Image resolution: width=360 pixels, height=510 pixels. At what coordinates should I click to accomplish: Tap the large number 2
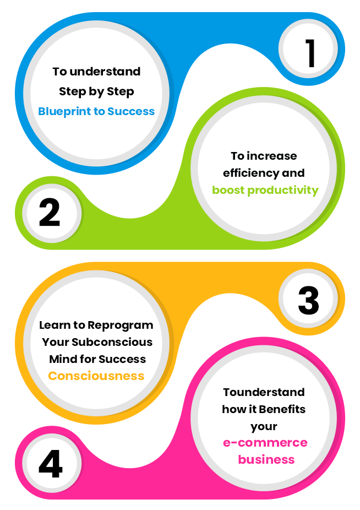pos(50,213)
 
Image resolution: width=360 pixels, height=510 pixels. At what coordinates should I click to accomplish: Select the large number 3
pos(308,301)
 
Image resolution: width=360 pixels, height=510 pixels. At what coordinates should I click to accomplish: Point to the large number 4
pos(51,464)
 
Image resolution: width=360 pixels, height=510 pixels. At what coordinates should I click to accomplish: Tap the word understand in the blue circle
pos(105,72)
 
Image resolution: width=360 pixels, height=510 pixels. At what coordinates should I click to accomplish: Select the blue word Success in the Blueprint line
pos(131,111)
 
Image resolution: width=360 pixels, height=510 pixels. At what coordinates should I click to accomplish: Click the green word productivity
pos(283,190)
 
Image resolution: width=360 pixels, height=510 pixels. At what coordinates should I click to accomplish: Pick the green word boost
pos(228,190)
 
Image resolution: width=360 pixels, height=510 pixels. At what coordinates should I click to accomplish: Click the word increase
pos(272,156)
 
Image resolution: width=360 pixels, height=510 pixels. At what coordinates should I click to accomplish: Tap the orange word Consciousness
pos(96,376)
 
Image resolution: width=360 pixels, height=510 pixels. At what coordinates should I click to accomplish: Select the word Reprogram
pos(121,325)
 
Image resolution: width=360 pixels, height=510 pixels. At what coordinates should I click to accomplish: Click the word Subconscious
pos(112,342)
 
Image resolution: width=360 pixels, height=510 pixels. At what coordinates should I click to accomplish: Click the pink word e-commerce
pos(265,443)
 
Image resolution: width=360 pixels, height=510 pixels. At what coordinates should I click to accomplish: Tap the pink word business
pos(266,459)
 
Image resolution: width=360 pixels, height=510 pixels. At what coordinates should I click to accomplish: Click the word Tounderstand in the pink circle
pos(264,392)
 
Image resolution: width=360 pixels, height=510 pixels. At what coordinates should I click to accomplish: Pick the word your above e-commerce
pos(264,427)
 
